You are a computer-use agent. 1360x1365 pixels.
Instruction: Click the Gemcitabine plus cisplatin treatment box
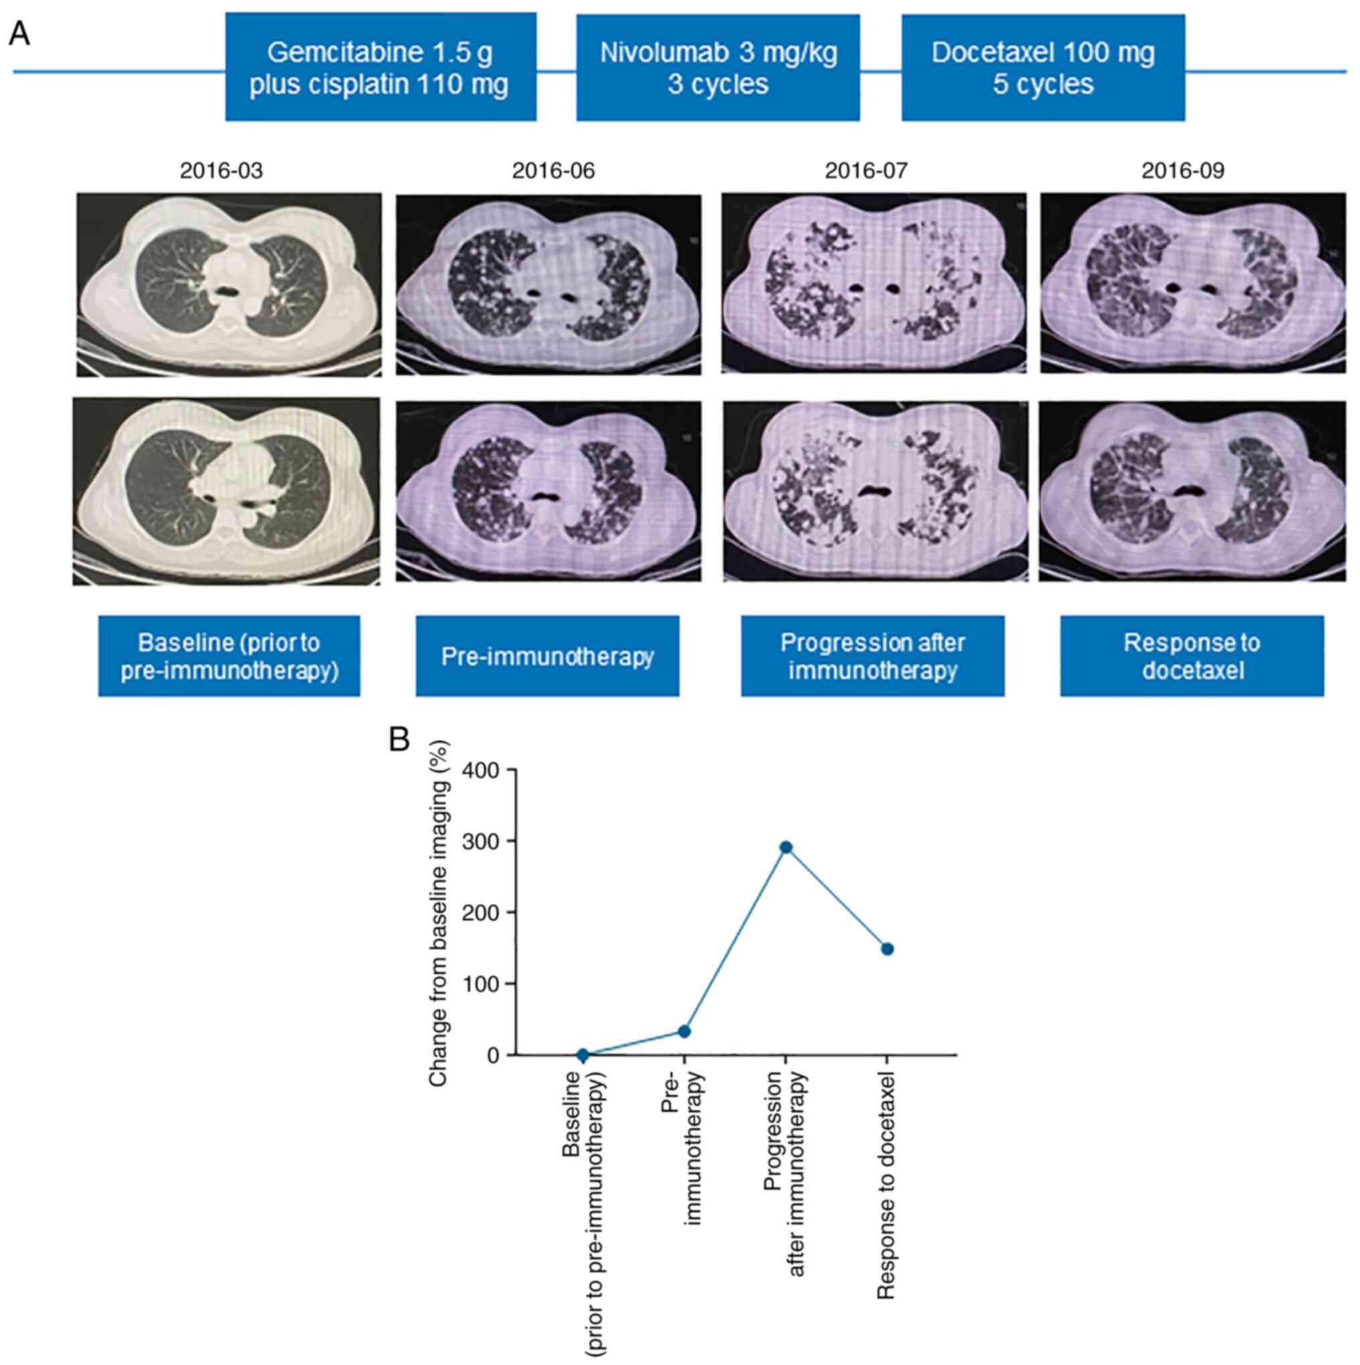(380, 67)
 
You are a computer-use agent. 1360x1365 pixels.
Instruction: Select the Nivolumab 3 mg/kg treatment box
(717, 67)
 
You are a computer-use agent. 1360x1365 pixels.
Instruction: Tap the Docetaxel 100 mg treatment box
(1043, 67)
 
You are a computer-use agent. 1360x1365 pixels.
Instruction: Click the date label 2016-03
(221, 171)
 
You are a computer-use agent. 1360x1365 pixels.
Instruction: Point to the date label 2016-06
(554, 171)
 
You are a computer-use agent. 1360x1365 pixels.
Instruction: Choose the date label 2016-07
(867, 171)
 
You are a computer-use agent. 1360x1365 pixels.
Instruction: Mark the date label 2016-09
(1183, 171)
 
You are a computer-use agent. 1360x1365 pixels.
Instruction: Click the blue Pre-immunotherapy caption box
(547, 656)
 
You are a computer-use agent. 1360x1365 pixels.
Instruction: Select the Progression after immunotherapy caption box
(873, 656)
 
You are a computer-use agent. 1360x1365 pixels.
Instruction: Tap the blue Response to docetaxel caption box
(1192, 656)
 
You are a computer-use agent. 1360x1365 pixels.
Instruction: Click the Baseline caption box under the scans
(229, 656)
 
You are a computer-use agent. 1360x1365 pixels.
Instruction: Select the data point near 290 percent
(786, 847)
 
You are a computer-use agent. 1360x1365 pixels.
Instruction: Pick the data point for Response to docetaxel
(887, 949)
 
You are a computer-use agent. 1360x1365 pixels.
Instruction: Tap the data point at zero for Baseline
(582, 1055)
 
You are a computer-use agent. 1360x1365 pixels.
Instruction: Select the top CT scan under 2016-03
(229, 284)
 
